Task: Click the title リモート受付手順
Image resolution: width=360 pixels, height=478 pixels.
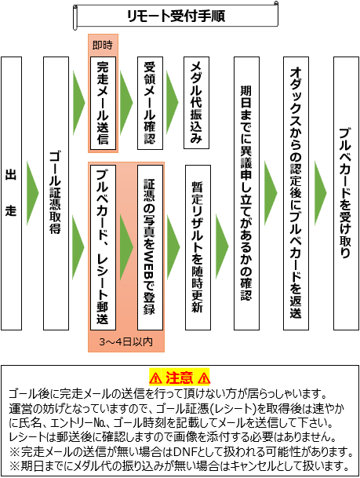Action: [176, 16]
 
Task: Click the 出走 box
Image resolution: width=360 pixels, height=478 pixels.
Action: [11, 193]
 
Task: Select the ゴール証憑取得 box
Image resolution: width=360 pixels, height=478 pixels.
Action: [56, 193]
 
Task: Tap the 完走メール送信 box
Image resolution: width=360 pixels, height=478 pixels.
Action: [103, 103]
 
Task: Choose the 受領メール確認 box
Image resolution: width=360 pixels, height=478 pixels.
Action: [150, 103]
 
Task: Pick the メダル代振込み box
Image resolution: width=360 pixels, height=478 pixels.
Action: [196, 103]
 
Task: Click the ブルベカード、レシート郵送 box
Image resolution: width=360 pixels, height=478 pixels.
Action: [103, 247]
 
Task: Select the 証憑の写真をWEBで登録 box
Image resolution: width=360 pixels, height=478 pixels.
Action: [150, 247]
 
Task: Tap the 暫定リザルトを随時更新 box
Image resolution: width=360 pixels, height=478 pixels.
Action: [198, 247]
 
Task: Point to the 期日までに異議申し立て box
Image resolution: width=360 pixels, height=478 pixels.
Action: [247, 193]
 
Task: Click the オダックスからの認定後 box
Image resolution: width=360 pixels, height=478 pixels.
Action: [296, 193]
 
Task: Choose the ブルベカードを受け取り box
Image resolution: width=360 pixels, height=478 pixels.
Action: [347, 193]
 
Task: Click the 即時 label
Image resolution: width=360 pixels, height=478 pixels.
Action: [103, 45]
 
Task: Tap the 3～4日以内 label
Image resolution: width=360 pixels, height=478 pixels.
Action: [125, 341]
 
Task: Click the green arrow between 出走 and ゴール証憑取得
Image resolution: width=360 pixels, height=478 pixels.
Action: [33, 193]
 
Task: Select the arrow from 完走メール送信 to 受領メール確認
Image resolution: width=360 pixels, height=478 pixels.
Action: [126, 102]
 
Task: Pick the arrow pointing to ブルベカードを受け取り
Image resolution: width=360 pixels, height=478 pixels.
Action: [321, 193]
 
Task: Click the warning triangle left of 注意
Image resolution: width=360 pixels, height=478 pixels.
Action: [155, 378]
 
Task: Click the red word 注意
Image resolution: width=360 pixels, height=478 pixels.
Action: [180, 378]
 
